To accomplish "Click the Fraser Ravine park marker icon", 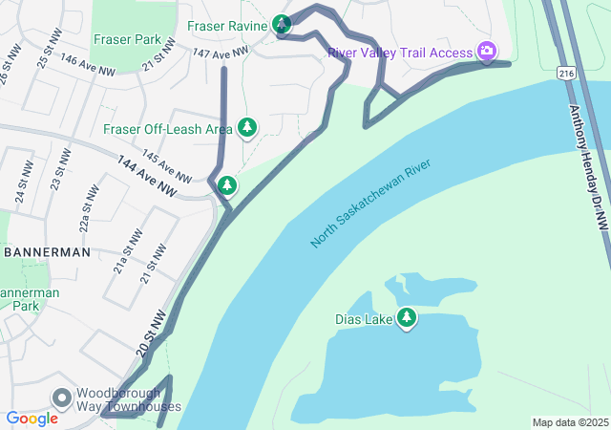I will (282, 24).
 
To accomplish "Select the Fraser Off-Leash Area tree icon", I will (247, 127).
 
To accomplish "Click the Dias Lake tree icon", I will (408, 317).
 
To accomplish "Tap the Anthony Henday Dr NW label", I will (588, 166).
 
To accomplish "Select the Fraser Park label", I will (128, 40).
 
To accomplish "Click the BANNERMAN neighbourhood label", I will (47, 252).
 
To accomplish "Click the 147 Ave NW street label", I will (220, 54).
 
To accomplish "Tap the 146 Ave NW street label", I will (88, 65).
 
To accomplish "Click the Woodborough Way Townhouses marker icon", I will (62, 397).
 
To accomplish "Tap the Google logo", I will (32, 419).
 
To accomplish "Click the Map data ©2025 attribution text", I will (569, 422).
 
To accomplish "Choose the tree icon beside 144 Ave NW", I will (226, 184).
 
